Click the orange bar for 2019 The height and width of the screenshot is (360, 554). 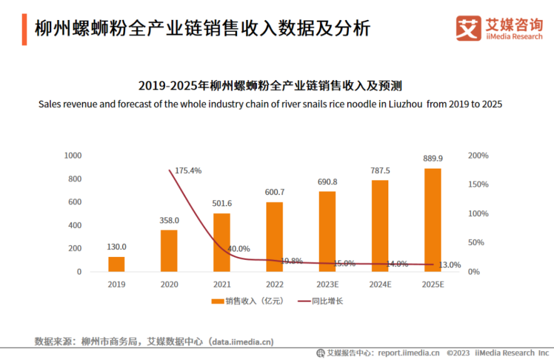coord(116,264)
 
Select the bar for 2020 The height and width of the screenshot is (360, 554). coord(169,251)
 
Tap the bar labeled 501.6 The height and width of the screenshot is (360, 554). coord(221,242)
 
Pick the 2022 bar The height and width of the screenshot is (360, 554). coord(274,237)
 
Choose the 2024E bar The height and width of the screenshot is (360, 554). coord(380,226)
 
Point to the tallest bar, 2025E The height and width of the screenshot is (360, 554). coord(433,220)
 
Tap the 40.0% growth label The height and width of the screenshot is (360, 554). coord(238,249)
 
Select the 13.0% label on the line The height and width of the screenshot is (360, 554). coord(450,265)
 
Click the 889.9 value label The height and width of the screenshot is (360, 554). coord(433,159)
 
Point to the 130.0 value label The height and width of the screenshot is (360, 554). coord(116,247)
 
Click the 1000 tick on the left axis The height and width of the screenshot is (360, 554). coord(73,155)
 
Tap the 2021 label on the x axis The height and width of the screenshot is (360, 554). coord(221,284)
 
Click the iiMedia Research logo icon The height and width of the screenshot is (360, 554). coord(467,28)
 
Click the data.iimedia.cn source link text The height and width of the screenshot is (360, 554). coord(241,342)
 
